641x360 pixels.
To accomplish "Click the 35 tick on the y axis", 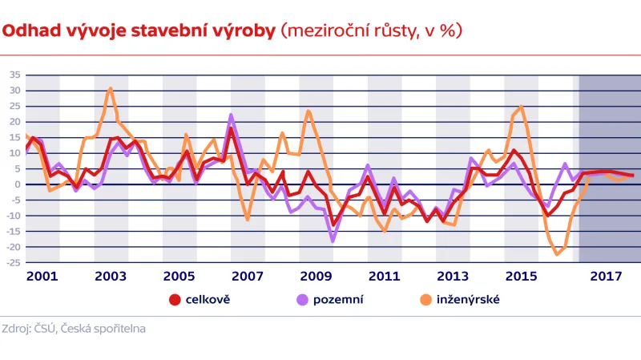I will pyautogui.click(x=14, y=75).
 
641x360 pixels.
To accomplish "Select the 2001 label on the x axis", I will pyautogui.click(x=42, y=276).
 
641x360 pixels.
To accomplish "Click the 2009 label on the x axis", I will pyautogui.click(x=316, y=276).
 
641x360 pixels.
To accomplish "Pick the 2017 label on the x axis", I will pyautogui.click(x=606, y=276).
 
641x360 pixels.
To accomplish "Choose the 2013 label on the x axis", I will pyautogui.click(x=454, y=276).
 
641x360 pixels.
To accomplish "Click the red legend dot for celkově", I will pyautogui.click(x=175, y=301).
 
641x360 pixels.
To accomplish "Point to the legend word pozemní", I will pyautogui.click(x=338, y=301).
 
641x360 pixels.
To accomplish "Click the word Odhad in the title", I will pyautogui.click(x=26, y=31).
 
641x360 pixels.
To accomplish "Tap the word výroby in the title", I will pyautogui.click(x=243, y=31).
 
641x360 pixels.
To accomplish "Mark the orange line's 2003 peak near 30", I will pyautogui.click(x=111, y=88).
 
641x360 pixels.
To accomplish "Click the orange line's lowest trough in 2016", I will pyautogui.click(x=556, y=254).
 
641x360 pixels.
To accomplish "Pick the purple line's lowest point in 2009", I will pyautogui.click(x=333, y=241).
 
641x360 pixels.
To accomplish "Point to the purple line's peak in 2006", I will pyautogui.click(x=232, y=115).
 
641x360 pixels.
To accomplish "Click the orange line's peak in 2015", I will pyautogui.click(x=521, y=107).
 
